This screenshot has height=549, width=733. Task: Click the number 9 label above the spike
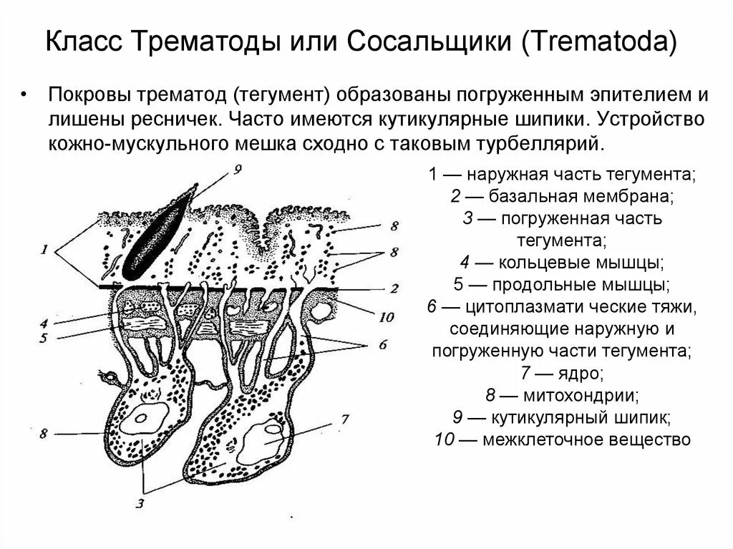tap(238, 169)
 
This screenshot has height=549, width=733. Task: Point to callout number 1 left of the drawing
tap(44, 250)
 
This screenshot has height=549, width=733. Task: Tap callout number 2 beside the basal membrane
tap(393, 288)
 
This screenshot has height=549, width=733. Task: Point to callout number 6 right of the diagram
tap(382, 344)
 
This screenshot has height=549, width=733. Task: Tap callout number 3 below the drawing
tap(140, 503)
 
